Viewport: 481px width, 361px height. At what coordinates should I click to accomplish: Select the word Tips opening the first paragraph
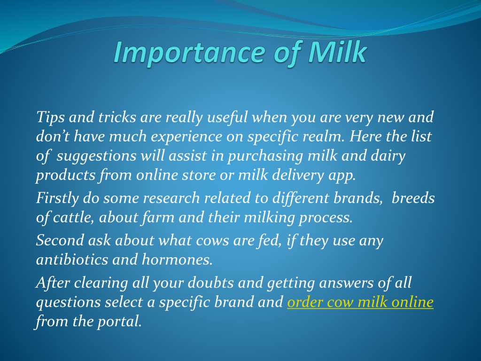tap(50, 118)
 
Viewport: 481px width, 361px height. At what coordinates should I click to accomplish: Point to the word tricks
tap(117, 117)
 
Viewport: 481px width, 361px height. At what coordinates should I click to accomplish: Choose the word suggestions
tap(96, 156)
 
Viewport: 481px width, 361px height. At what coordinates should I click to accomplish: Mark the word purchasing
tap(265, 156)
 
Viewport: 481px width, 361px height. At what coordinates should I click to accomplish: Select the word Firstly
tap(57, 198)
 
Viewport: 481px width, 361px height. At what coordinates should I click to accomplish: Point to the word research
tap(171, 198)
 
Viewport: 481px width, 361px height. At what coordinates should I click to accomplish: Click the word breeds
tap(413, 198)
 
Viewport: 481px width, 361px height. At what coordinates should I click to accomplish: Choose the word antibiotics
tap(72, 259)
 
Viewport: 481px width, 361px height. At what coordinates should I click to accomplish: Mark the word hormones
tap(177, 259)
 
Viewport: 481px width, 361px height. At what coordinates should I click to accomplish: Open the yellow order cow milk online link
tap(360, 302)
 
